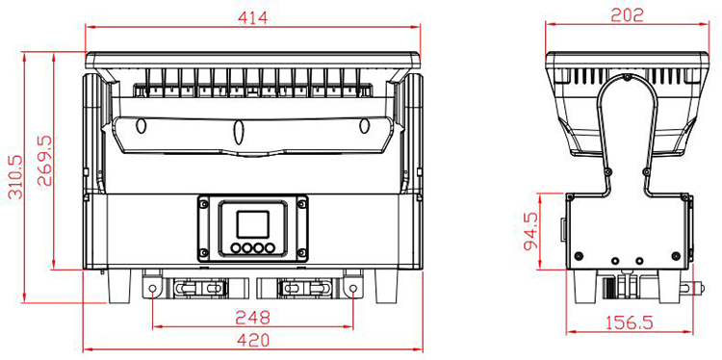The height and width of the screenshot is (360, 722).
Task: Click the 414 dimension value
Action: pos(252,17)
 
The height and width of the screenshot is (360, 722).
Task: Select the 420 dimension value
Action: pos(252,341)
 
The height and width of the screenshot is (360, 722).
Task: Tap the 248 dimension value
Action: pos(252,318)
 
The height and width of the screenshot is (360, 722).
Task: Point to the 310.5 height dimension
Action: pos(16,176)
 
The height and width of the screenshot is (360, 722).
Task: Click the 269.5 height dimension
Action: pos(44,161)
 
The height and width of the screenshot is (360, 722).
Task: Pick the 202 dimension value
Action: pos(627,15)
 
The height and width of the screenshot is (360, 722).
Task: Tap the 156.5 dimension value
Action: pos(630,322)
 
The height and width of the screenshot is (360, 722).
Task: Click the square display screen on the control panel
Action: pos(252,224)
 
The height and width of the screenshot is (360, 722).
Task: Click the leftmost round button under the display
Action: pos(236,248)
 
